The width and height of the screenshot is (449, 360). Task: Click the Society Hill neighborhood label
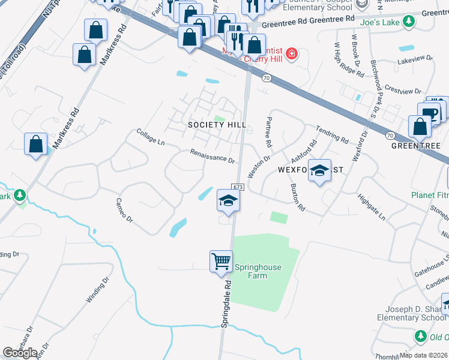tap(208, 125)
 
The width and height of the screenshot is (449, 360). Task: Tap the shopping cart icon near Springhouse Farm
tap(221, 261)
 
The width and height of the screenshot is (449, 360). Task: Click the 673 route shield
tap(237, 188)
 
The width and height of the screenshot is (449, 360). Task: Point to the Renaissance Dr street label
tap(212, 157)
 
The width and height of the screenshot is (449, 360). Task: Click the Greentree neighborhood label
tap(416, 146)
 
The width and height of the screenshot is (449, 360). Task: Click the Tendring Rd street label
tap(332, 136)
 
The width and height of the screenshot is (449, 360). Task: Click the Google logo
tap(19, 353)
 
